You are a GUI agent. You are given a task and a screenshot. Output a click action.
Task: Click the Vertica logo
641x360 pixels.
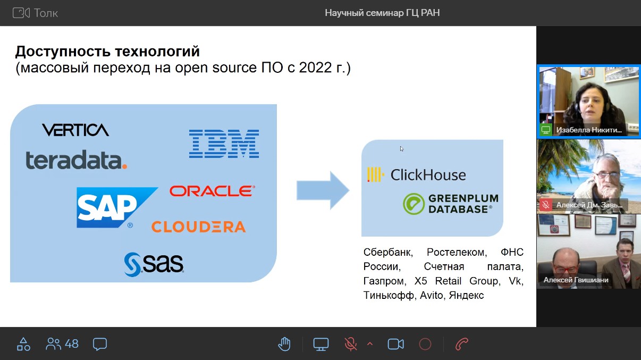(75, 130)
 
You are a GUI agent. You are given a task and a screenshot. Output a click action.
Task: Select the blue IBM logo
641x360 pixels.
(224, 144)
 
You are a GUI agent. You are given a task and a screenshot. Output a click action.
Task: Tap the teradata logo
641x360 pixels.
(77, 160)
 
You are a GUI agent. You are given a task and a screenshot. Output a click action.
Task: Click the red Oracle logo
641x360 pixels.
(212, 191)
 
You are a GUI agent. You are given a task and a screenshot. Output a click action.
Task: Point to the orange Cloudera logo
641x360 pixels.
(198, 227)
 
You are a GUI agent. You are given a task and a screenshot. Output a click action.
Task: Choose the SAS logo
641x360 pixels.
(154, 264)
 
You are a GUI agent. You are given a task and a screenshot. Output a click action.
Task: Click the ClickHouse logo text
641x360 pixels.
(428, 175)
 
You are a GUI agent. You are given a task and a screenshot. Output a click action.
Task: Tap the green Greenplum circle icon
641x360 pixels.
(414, 204)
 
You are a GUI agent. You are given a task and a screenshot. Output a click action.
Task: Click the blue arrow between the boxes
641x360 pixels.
(323, 190)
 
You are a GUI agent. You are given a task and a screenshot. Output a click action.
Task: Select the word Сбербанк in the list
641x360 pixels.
(388, 252)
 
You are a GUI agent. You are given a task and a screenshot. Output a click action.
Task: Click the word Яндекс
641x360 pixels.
(466, 295)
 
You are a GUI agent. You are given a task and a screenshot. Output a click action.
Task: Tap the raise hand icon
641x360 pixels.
(284, 344)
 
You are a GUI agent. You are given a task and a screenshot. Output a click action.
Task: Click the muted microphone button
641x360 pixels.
(351, 344)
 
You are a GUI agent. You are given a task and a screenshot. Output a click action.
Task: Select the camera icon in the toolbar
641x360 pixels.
(396, 344)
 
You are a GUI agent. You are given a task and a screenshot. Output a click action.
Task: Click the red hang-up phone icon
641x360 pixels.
(461, 344)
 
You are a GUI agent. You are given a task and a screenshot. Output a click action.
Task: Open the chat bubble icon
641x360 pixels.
(100, 344)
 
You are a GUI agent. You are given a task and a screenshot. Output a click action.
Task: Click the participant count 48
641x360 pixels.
(72, 344)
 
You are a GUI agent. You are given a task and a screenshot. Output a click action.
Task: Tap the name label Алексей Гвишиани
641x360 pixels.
(576, 280)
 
